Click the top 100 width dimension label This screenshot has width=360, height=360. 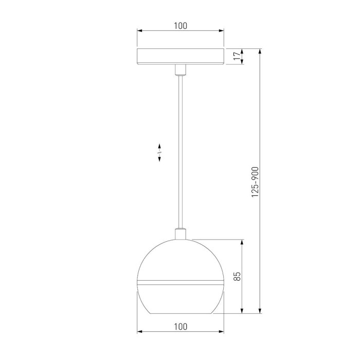[180, 25]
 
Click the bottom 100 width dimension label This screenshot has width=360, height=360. [180, 326]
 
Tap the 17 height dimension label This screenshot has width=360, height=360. [237, 57]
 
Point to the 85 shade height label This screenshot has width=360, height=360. [237, 276]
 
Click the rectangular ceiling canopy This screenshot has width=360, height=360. [180, 57]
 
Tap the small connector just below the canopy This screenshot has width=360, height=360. [180, 69]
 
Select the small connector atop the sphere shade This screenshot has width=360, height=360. [180, 234]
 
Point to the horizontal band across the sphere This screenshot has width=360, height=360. [180, 282]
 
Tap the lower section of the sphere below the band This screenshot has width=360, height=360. [180, 298]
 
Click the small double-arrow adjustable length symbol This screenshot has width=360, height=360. [159, 153]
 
